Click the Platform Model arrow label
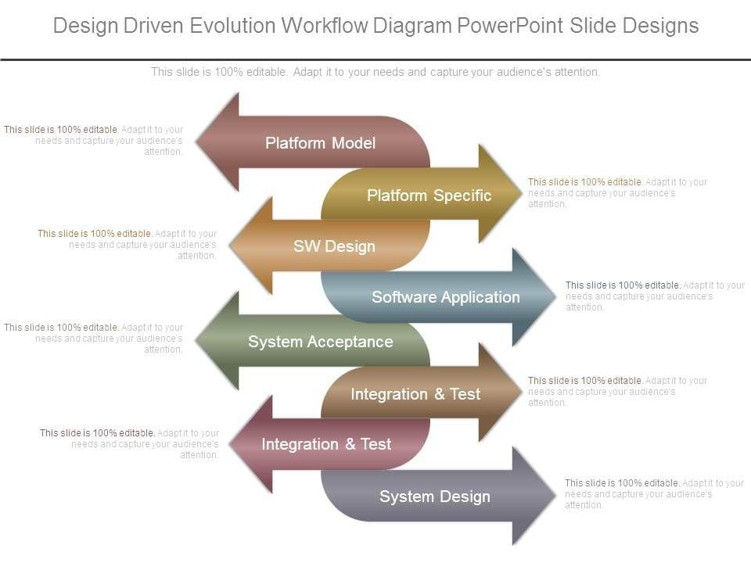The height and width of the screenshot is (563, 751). (x=320, y=143)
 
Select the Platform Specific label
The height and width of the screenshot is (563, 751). (x=429, y=195)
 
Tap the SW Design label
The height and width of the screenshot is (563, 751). (x=334, y=246)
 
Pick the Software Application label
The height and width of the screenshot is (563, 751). (x=445, y=297)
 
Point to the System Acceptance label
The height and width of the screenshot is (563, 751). (x=320, y=342)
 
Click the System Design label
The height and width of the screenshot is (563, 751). (x=434, y=497)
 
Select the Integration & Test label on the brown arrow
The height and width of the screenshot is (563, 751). (x=415, y=394)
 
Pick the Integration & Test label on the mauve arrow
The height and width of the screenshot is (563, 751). (x=326, y=444)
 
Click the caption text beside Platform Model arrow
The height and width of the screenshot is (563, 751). (x=94, y=141)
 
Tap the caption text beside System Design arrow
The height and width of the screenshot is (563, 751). (x=653, y=494)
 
